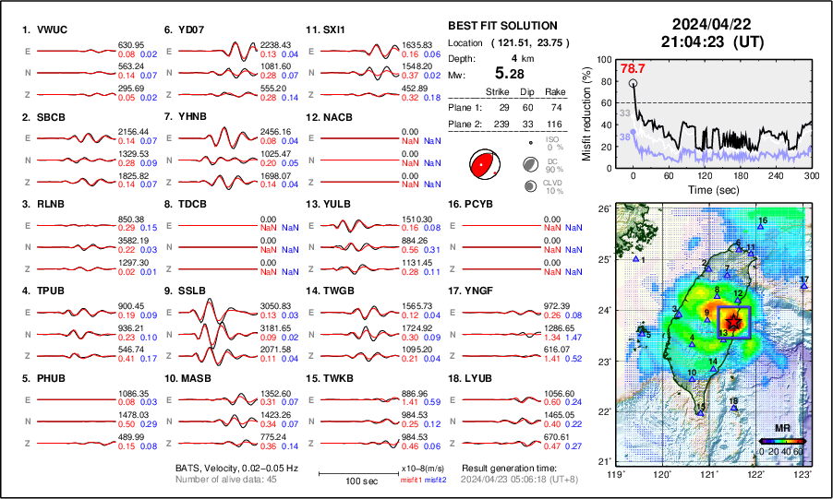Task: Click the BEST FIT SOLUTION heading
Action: (502, 26)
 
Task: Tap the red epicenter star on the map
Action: (733, 320)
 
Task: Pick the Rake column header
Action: (555, 92)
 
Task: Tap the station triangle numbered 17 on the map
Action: (804, 287)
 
